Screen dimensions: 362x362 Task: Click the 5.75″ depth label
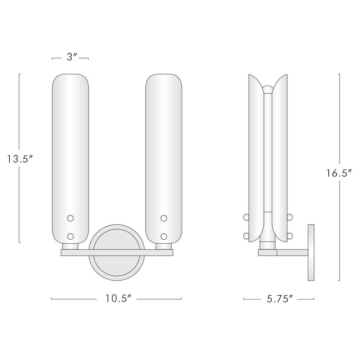pos(279,299)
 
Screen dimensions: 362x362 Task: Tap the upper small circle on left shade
pos(71,218)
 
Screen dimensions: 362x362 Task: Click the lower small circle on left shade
pos(71,236)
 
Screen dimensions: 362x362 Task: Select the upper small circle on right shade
pos(164,218)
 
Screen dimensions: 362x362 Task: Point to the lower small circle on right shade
pos(164,236)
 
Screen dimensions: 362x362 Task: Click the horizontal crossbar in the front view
pos(117,252)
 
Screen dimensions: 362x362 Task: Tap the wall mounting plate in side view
pos(311,252)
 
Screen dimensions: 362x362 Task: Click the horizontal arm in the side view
pos(292,253)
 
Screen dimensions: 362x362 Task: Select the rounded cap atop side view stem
pos(268,89)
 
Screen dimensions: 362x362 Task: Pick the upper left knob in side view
pos(246,217)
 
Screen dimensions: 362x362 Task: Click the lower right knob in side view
pos(290,236)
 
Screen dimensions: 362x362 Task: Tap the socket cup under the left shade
pos(71,246)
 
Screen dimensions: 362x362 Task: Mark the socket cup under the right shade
pos(164,246)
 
